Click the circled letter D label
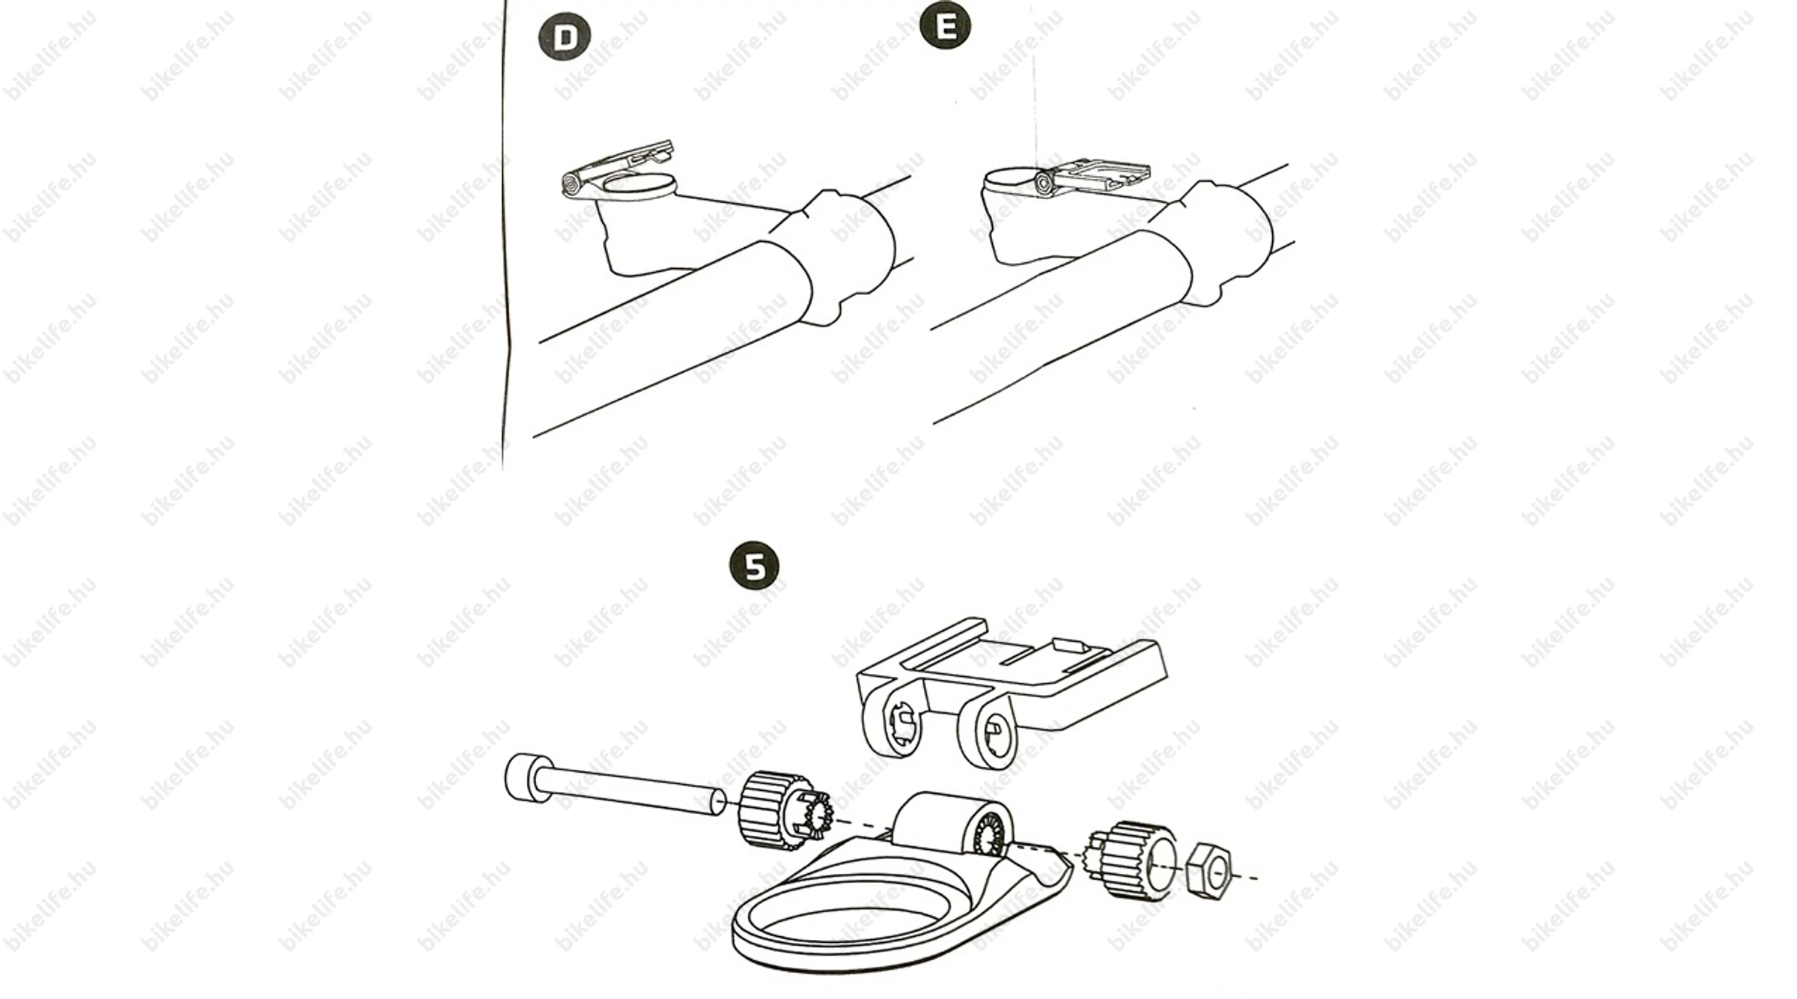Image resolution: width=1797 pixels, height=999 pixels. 565,37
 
